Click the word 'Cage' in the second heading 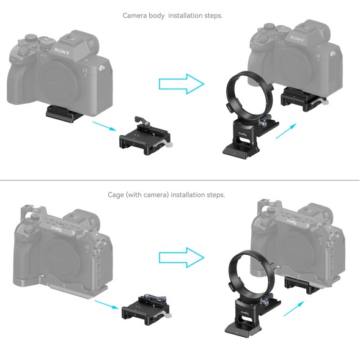click(x=117, y=194)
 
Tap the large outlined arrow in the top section click(x=180, y=83)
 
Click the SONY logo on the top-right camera click(x=297, y=39)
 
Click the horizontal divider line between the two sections click(x=180, y=180)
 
